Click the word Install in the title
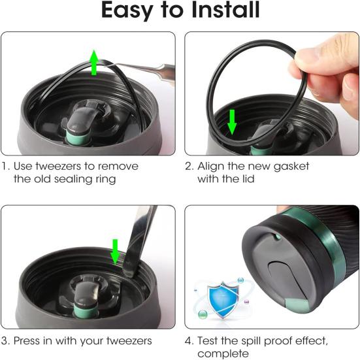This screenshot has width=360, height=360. click(x=225, y=10)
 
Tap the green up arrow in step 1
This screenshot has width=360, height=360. click(x=94, y=62)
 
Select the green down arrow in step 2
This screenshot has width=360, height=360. click(x=232, y=122)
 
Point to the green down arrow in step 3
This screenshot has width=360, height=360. click(x=115, y=252)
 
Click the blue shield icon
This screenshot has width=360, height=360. click(x=223, y=299)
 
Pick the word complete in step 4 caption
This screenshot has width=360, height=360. click(x=223, y=354)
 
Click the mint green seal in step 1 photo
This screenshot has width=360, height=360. click(x=78, y=137)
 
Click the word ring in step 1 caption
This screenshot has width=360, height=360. click(x=106, y=180)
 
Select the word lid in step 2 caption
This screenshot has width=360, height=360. click(x=248, y=179)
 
